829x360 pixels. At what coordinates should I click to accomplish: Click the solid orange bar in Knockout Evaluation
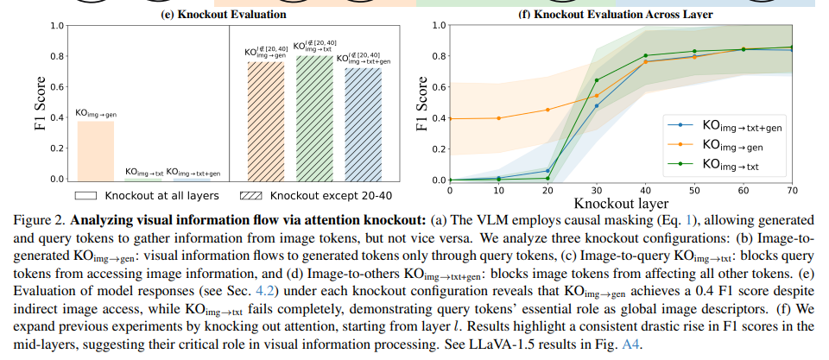96,150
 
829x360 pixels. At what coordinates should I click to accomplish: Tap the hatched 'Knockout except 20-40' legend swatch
242,195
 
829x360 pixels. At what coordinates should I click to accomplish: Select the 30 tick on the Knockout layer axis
597,190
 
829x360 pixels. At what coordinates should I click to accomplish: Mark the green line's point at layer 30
597,80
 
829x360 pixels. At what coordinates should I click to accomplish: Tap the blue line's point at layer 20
547,171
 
